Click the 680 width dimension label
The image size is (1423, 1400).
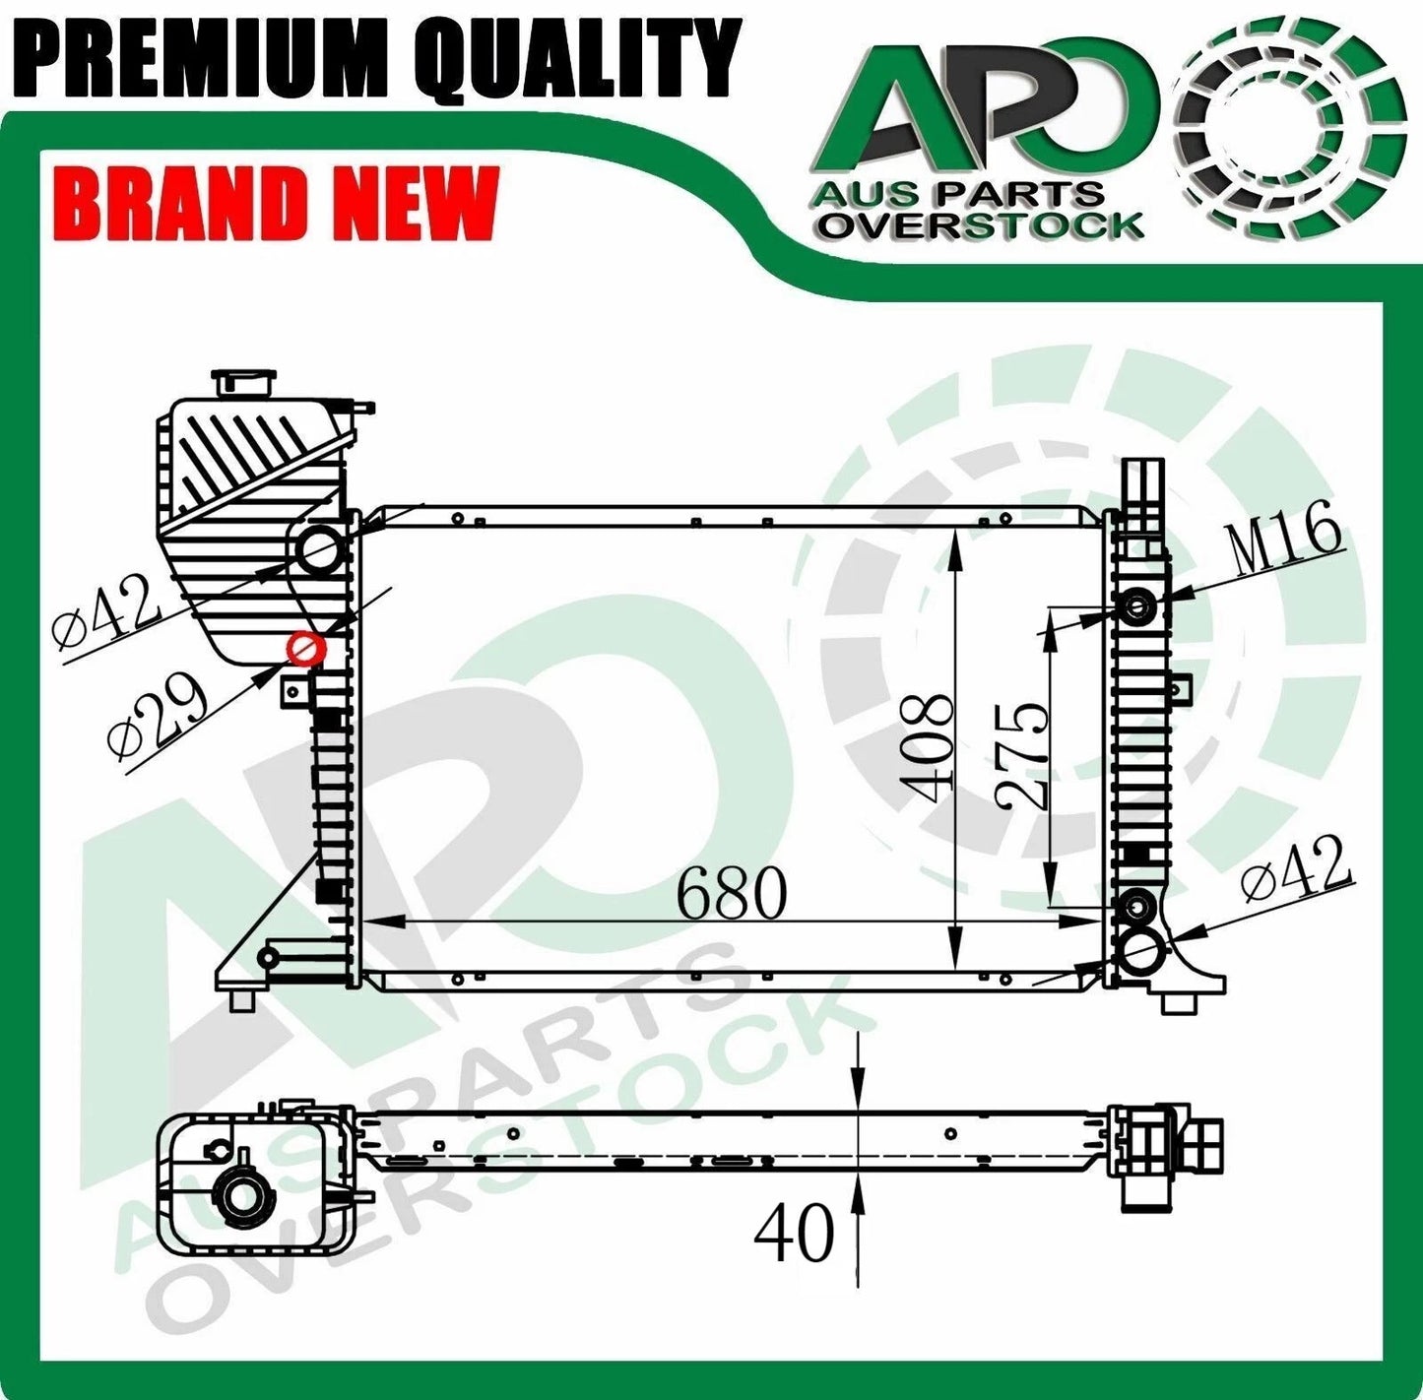(x=732, y=893)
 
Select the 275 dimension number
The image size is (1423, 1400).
(x=1021, y=755)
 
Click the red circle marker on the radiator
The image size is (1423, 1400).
(x=305, y=650)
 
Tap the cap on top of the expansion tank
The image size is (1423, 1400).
(x=245, y=381)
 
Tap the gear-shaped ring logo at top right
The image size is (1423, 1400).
(x=1291, y=128)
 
